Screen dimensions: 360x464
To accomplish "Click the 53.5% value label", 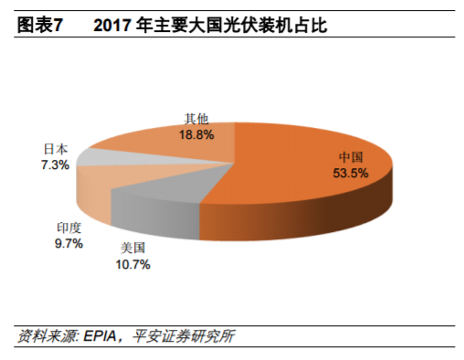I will click(352, 173).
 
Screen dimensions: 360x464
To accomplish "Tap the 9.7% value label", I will click(69, 244).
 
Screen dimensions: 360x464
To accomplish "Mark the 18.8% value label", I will click(196, 134).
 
